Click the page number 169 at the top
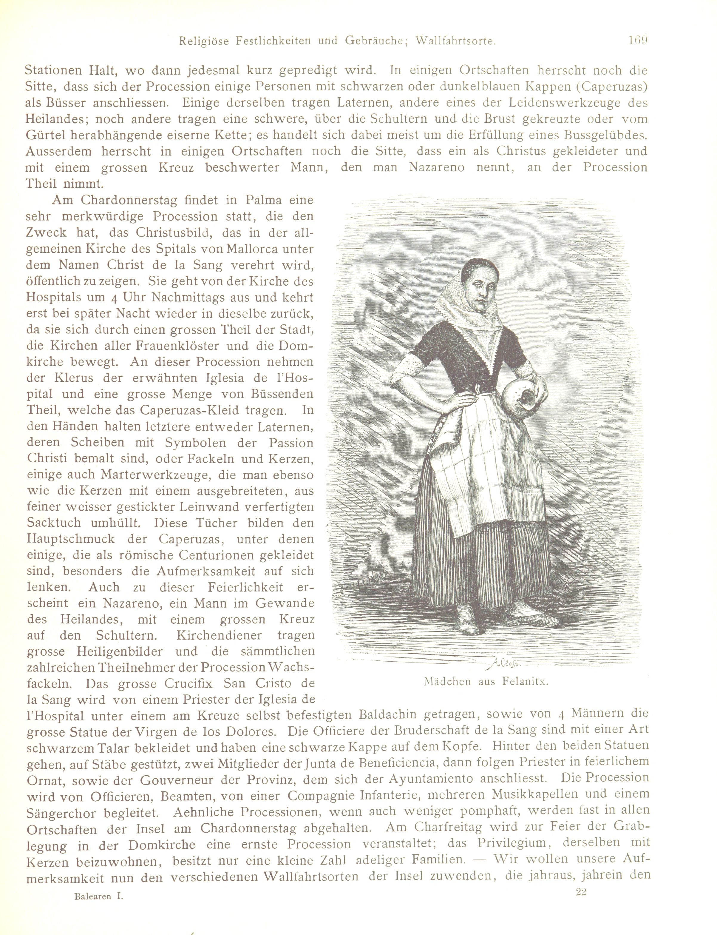(x=638, y=41)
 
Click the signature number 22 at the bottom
(x=581, y=889)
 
